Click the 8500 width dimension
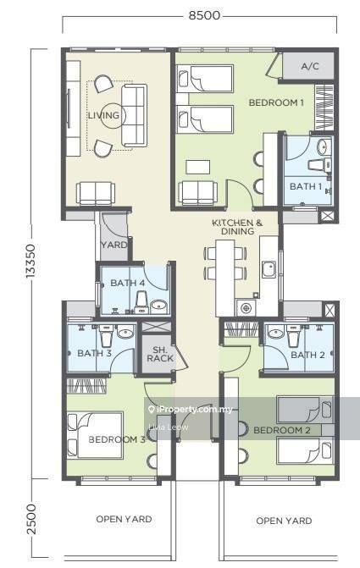point(204,15)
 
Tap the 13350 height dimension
point(30,262)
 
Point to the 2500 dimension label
point(31,519)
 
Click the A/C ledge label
point(310,66)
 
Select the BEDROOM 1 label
point(276,103)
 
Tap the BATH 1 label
point(306,186)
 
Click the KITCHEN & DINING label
point(237,227)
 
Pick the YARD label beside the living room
point(114,245)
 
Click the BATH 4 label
point(128,283)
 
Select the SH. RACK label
point(160,355)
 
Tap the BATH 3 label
point(95,353)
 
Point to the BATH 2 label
point(307,355)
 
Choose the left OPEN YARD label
point(124,519)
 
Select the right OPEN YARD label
point(284,521)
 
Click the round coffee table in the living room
point(113,116)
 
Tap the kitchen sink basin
point(269,269)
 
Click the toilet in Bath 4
point(141,303)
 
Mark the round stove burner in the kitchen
point(246,308)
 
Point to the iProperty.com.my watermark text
point(191,410)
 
